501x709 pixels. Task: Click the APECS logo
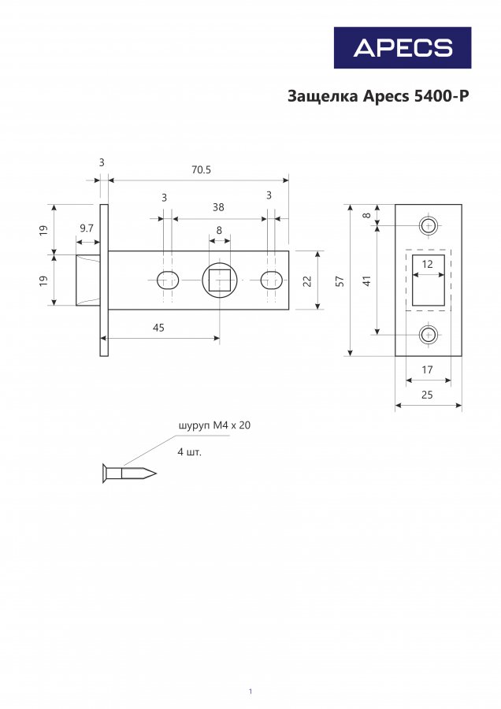point(402,47)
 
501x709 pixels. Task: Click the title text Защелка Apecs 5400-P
point(378,97)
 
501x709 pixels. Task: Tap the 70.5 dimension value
point(201,169)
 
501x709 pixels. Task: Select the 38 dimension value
point(218,207)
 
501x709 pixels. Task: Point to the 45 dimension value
point(158,328)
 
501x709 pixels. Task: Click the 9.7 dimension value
point(87,228)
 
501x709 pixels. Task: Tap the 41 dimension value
point(366,280)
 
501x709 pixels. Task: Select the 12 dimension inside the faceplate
point(428,265)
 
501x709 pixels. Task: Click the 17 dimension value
point(427,369)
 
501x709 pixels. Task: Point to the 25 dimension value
point(427,395)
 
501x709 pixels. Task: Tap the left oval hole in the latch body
point(166,279)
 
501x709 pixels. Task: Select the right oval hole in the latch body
point(272,279)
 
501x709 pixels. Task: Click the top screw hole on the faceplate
point(429,225)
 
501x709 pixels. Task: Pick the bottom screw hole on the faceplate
point(429,335)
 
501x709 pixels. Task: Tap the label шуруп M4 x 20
point(215,425)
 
